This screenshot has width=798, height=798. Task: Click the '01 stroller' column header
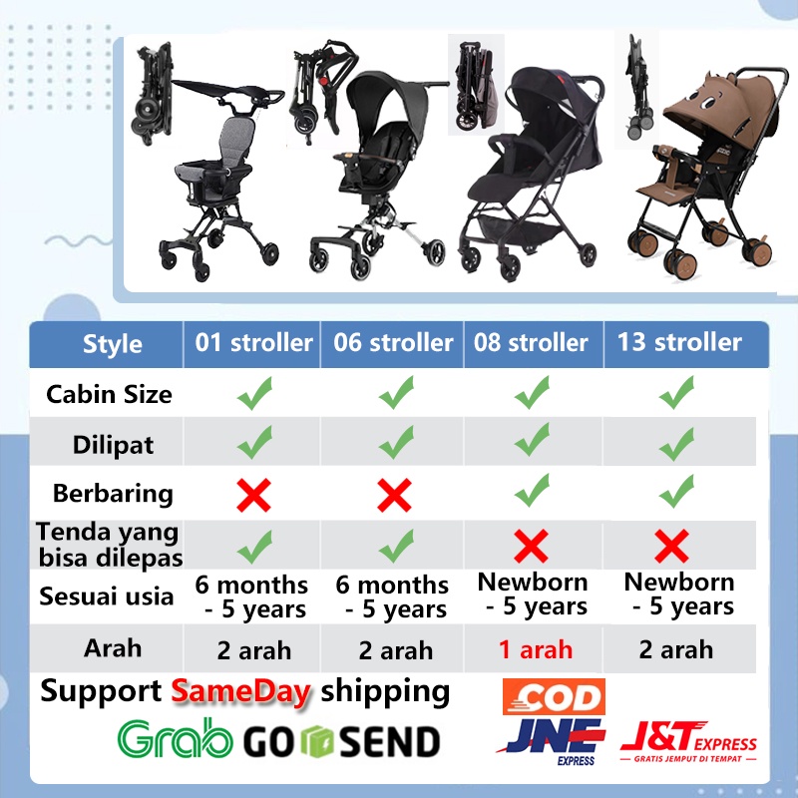click(253, 342)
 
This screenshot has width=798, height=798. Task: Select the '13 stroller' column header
click(679, 342)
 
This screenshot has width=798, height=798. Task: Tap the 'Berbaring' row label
click(113, 494)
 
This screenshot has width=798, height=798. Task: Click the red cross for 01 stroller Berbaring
click(254, 495)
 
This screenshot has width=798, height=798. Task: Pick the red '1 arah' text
click(536, 649)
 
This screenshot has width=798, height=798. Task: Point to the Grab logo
click(176, 738)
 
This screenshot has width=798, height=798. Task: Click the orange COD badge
click(554, 696)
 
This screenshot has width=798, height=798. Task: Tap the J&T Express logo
click(688, 741)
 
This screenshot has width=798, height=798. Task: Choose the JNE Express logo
click(552, 741)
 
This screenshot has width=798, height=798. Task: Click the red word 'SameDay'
click(240, 692)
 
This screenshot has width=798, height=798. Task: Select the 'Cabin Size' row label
click(109, 394)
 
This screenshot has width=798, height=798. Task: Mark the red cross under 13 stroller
click(671, 546)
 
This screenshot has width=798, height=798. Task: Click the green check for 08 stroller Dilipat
click(532, 439)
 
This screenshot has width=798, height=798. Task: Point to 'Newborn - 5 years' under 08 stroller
click(533, 595)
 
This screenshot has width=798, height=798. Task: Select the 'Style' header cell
click(113, 344)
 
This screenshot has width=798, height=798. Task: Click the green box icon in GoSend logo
click(316, 741)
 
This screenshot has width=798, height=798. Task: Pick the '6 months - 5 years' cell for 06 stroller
click(392, 598)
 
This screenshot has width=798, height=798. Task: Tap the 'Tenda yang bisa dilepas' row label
click(110, 545)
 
